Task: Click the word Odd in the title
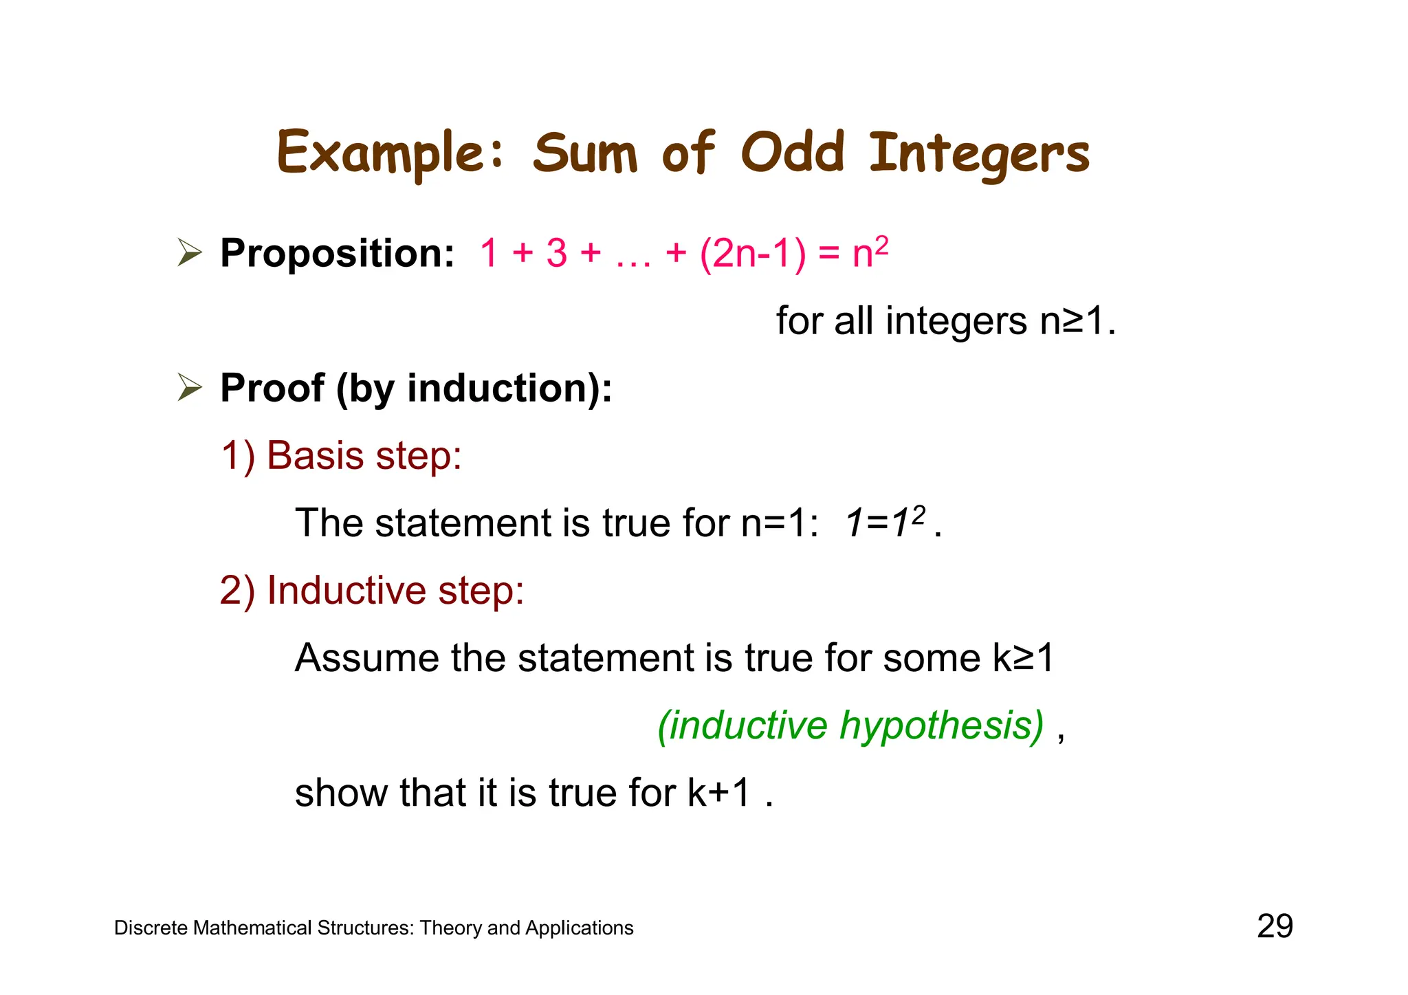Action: click(792, 153)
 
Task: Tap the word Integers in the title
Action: click(979, 154)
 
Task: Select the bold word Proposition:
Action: click(337, 253)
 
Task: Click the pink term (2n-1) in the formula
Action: click(752, 253)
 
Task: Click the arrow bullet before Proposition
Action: click(190, 252)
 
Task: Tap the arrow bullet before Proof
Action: click(190, 388)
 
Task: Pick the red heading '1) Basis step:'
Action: click(341, 455)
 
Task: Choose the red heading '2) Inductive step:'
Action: click(372, 590)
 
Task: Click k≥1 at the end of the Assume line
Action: click(1023, 657)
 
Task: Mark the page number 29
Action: click(1275, 926)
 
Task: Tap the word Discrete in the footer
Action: click(151, 928)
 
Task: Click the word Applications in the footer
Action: click(579, 928)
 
